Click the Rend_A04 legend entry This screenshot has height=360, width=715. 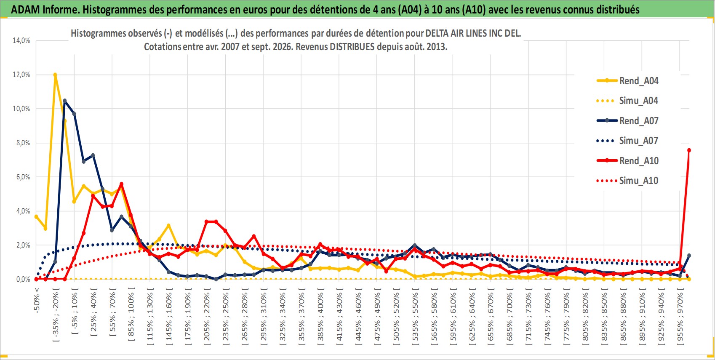click(x=627, y=81)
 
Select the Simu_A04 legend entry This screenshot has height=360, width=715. click(x=627, y=101)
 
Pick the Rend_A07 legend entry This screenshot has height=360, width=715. click(x=627, y=121)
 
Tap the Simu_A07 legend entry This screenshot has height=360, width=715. click(x=627, y=141)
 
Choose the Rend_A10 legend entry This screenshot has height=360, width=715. click(x=627, y=160)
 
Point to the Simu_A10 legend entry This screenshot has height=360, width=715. click(x=627, y=181)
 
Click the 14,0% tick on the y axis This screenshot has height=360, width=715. click(x=21, y=40)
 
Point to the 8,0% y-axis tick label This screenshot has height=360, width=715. click(x=23, y=143)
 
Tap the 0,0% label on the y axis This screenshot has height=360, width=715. click(x=23, y=279)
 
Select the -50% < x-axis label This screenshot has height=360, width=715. click(x=36, y=300)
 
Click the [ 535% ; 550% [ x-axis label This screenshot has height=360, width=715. click(x=415, y=316)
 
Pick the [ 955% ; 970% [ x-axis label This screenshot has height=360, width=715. click(x=680, y=316)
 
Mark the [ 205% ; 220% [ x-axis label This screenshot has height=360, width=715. click(x=207, y=316)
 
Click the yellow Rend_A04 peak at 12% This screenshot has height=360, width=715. click(x=55, y=75)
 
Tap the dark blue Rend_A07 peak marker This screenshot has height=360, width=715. click(x=65, y=101)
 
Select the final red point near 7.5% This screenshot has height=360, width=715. click(x=689, y=150)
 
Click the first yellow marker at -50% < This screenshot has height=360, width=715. click(x=36, y=217)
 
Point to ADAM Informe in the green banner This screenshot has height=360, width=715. click(x=44, y=10)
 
